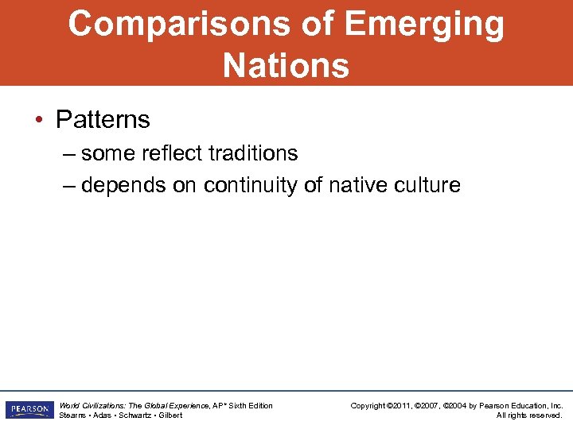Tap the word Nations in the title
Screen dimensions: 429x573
coord(286,65)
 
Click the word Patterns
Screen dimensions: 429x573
coord(103,120)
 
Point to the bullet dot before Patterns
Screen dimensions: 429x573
coord(39,121)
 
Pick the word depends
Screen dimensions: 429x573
coord(120,185)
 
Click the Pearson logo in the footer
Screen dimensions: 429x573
coord(28,410)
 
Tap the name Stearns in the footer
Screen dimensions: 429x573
coord(73,415)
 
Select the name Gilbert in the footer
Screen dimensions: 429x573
coord(170,415)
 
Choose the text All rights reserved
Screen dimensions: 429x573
coord(529,415)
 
